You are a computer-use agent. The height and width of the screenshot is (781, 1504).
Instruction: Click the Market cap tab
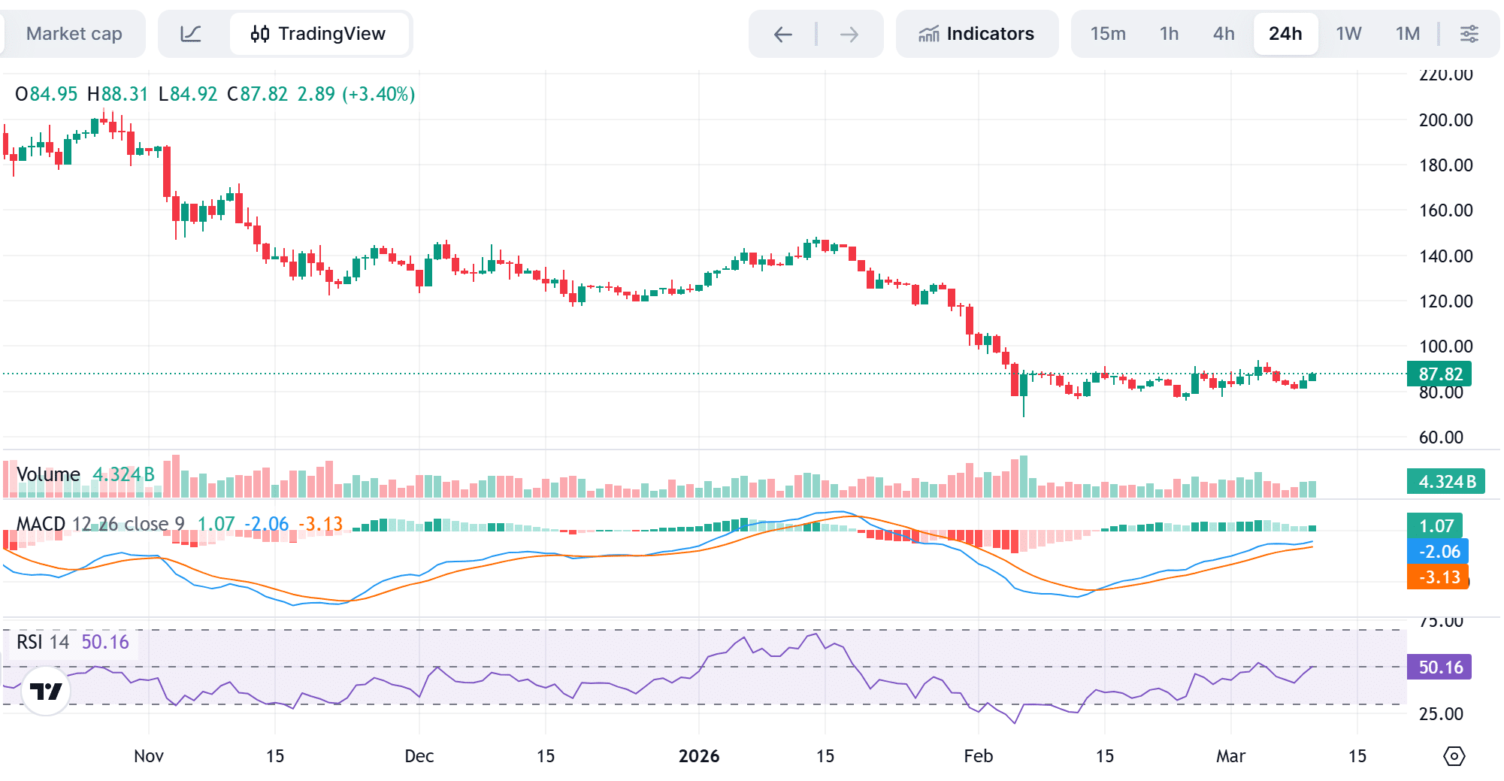click(74, 34)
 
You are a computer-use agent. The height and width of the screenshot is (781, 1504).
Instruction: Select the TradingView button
click(319, 34)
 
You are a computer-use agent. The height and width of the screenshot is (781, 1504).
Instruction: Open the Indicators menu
click(976, 34)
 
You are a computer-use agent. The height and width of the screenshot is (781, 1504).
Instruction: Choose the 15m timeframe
click(1108, 34)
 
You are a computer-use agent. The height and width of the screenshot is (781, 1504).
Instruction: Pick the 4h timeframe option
click(1224, 34)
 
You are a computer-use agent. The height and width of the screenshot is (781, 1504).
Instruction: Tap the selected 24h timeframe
click(1285, 34)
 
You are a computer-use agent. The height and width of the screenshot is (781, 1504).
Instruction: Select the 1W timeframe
click(1348, 34)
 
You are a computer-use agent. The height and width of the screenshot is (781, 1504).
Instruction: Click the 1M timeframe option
click(1407, 34)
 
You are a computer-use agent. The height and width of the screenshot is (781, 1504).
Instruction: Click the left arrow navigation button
click(783, 34)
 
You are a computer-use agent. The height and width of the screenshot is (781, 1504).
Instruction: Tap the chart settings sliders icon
click(1469, 34)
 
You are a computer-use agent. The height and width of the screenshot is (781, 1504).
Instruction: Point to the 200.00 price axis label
click(1445, 120)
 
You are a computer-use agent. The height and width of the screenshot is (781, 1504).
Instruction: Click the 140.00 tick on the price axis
click(1445, 256)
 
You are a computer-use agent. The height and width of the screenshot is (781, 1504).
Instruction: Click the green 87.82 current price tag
click(1439, 374)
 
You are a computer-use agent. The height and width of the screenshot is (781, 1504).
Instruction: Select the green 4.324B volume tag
click(1445, 482)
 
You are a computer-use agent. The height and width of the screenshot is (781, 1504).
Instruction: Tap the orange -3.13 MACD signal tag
click(1437, 577)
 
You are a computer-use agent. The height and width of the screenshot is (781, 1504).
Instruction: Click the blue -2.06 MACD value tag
click(1437, 552)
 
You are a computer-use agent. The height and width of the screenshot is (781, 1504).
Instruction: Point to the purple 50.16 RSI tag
click(1439, 667)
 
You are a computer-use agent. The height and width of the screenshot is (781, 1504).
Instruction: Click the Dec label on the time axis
click(419, 756)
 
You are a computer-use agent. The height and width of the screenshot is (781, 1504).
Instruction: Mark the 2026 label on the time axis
click(698, 756)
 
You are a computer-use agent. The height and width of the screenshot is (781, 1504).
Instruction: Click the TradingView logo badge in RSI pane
click(46, 691)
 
